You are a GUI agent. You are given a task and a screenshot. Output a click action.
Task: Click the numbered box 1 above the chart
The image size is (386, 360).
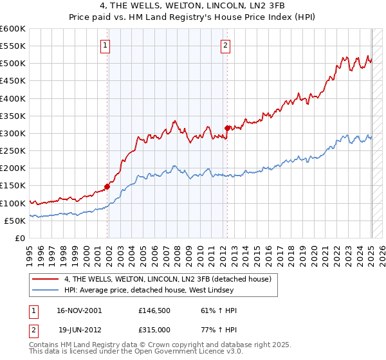point(105,45)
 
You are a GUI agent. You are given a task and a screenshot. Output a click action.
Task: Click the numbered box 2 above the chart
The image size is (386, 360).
point(226,45)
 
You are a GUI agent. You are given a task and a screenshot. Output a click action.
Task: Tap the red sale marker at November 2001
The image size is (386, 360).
point(107,187)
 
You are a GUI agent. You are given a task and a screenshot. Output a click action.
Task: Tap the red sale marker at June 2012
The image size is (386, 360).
point(227,128)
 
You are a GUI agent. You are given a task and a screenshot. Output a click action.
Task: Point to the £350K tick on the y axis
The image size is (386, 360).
point(14,116)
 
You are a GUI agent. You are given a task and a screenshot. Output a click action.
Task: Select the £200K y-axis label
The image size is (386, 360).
point(14,168)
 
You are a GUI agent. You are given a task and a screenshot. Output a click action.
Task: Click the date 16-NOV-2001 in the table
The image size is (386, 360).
point(79,310)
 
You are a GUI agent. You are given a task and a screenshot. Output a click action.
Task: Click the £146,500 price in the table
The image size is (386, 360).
point(154,310)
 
